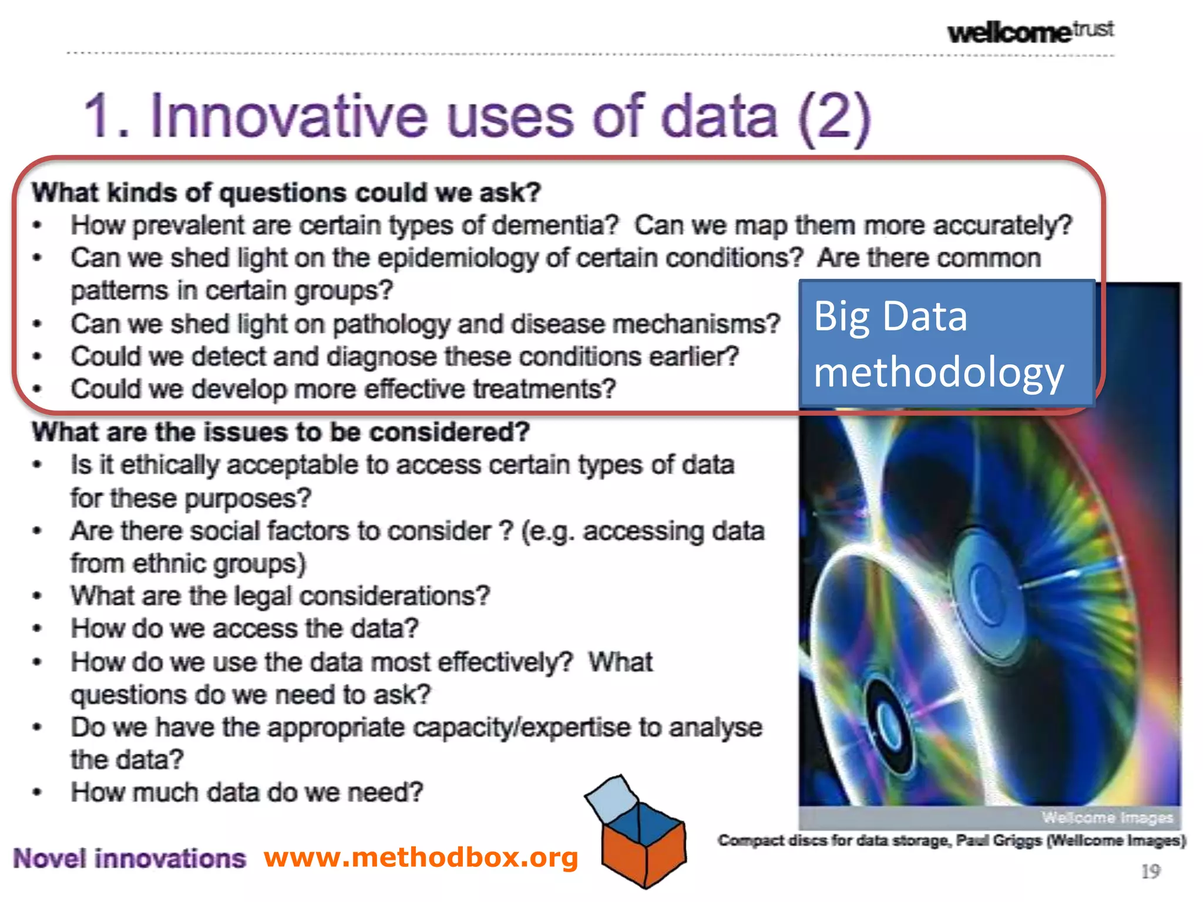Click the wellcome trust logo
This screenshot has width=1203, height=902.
coord(1030,31)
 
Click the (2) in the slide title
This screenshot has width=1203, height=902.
coord(835,117)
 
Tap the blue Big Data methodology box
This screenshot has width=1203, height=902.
coord(946,344)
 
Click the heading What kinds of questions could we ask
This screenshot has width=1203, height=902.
coord(286,193)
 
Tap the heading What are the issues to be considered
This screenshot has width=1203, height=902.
coord(281,432)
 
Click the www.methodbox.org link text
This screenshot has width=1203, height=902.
coord(421,857)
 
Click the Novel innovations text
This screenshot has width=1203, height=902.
coord(129,859)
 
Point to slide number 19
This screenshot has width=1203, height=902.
coord(1150,871)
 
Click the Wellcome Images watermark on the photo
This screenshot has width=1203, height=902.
coord(1107,817)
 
